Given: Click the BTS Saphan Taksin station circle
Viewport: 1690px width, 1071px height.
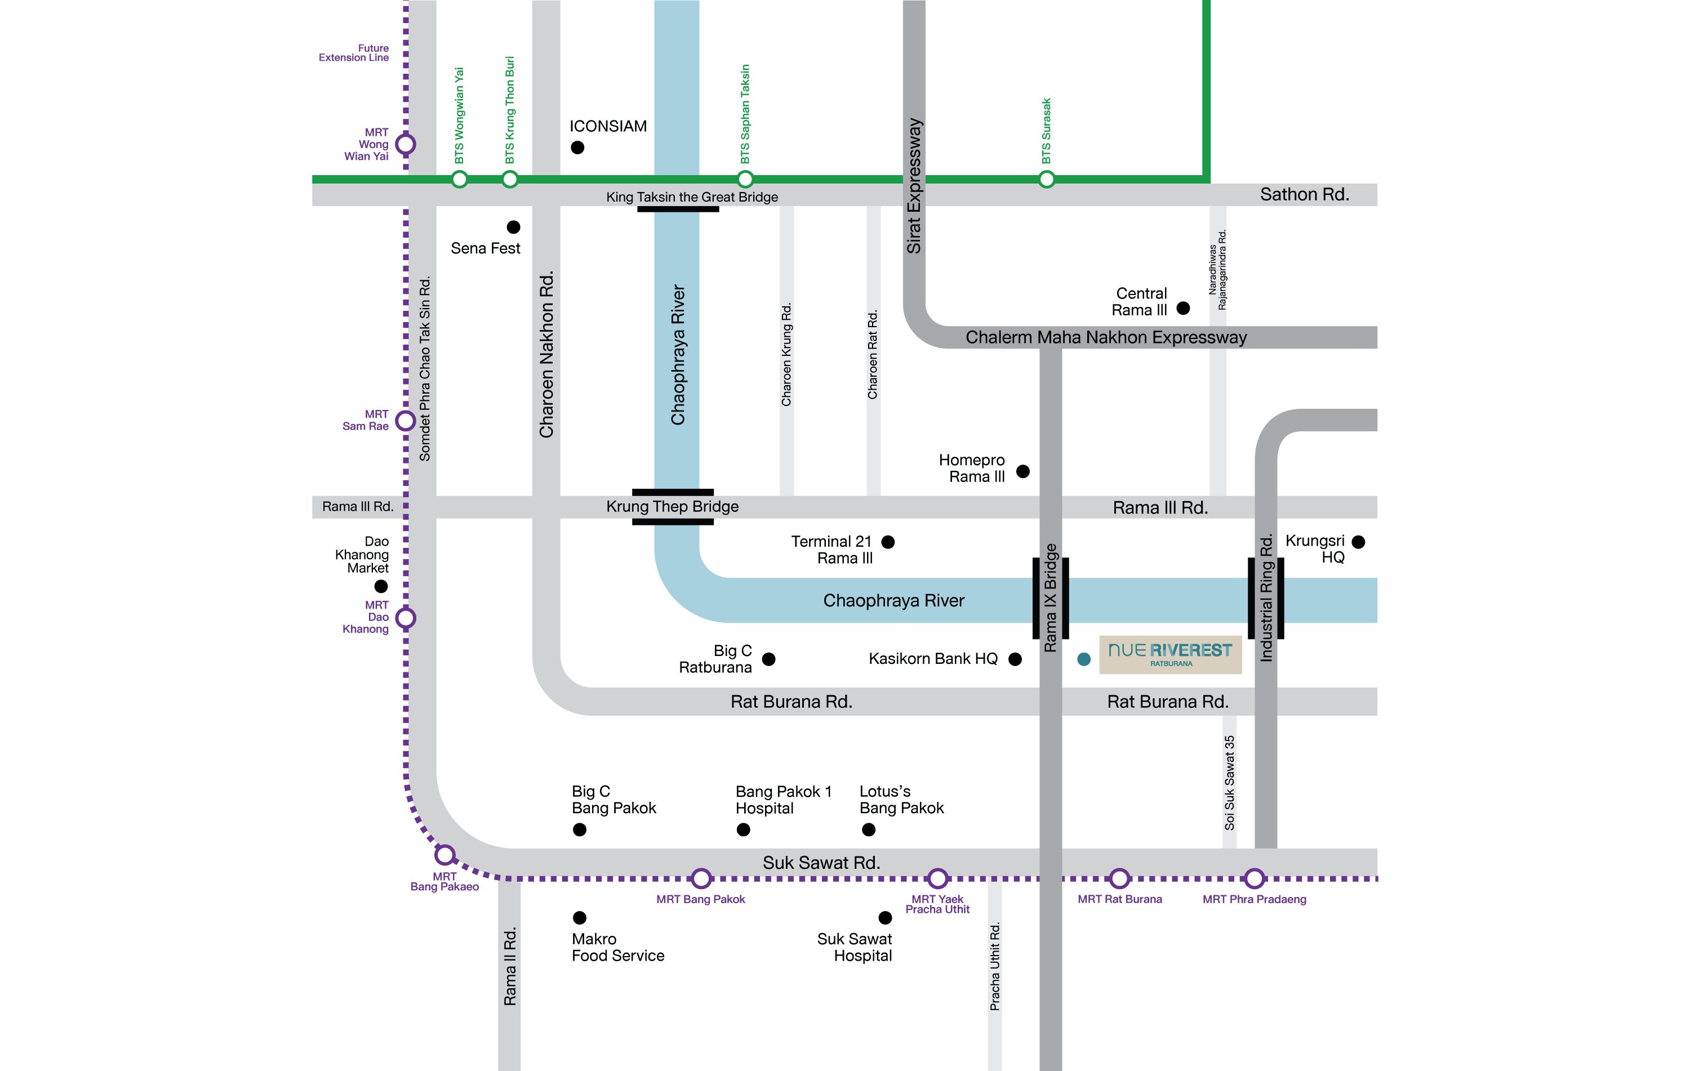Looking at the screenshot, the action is (745, 179).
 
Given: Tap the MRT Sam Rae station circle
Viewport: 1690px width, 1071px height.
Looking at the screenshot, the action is (406, 421).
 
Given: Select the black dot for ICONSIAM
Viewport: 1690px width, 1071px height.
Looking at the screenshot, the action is (577, 148).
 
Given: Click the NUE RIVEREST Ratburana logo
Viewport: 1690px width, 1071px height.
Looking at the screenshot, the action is (1170, 655).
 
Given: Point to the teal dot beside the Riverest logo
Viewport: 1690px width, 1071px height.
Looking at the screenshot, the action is (1084, 659).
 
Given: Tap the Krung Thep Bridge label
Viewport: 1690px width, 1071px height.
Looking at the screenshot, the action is (673, 506).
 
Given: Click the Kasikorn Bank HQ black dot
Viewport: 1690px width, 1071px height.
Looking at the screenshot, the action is (1015, 659).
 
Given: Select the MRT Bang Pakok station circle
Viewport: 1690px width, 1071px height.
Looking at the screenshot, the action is (701, 878).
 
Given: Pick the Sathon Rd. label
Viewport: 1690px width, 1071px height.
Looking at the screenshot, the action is (1305, 194).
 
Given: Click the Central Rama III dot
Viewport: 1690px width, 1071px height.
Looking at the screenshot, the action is (1183, 308).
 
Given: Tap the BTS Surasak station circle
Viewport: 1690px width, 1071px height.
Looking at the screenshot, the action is (1047, 180).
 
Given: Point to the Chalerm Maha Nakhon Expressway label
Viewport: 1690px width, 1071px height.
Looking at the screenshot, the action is (1106, 337).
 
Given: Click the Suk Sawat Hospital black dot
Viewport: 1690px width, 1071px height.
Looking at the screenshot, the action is (886, 917).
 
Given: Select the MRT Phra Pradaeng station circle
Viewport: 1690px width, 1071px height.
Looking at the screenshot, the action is (1254, 878).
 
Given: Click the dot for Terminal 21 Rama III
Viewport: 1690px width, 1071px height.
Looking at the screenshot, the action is (888, 542).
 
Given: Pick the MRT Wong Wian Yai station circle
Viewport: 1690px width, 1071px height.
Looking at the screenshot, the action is (406, 144).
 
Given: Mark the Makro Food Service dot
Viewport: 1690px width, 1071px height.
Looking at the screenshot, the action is (580, 917).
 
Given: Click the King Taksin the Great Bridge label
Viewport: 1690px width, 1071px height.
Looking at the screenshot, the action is (692, 197).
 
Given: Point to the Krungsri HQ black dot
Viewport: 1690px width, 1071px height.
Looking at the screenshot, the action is (1358, 542).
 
